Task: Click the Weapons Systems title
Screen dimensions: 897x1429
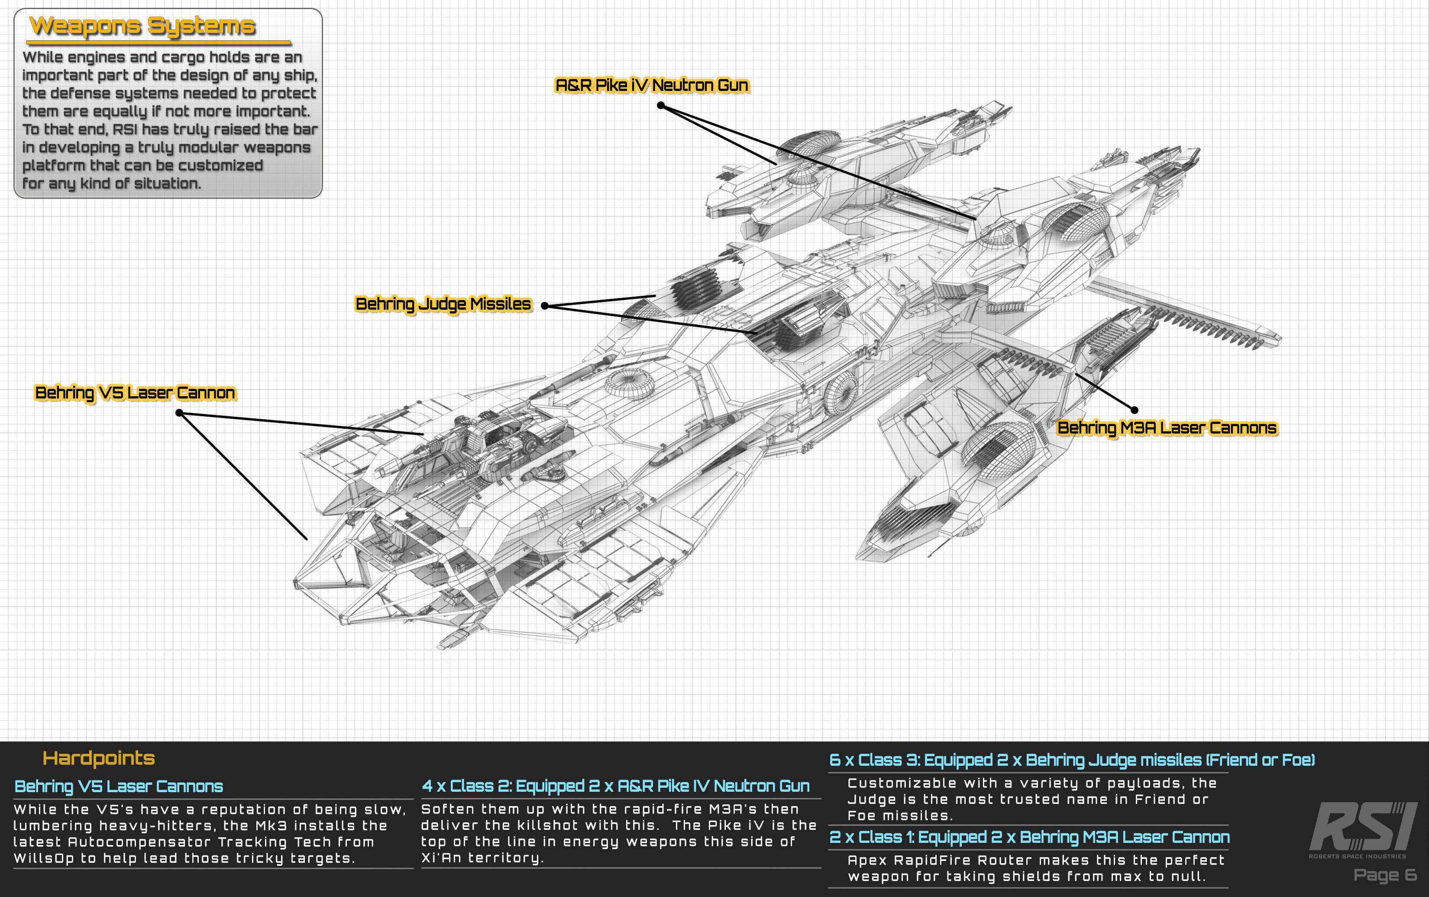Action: coord(142,26)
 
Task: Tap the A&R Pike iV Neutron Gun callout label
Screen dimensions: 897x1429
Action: coord(651,85)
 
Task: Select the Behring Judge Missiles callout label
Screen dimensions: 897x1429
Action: coord(443,304)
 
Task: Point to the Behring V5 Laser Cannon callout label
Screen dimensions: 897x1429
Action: coord(135,393)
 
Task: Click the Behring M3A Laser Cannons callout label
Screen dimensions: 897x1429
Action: coord(1166,428)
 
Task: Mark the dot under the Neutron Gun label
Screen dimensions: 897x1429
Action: coord(660,106)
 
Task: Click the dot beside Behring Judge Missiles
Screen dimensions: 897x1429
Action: coord(544,306)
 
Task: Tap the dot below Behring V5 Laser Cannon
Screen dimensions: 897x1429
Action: coord(179,413)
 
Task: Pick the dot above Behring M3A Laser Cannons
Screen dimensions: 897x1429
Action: coord(1134,409)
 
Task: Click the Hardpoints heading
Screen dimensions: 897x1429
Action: coord(98,758)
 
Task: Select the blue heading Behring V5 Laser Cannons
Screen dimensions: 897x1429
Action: coord(119,787)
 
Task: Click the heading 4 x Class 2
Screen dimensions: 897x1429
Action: coord(615,786)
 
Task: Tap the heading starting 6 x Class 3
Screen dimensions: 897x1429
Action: coord(1071,760)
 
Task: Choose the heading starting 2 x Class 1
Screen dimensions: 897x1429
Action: coord(1029,837)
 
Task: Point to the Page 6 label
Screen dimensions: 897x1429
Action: coord(1385,875)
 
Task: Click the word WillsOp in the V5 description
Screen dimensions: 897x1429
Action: coord(43,858)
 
